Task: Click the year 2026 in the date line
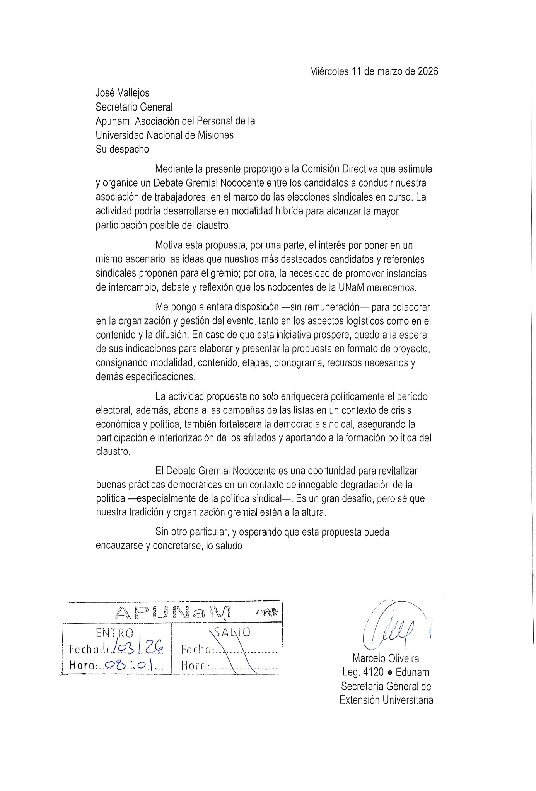pyautogui.click(x=428, y=71)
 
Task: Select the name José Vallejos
pyautogui.click(x=122, y=93)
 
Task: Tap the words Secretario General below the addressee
pyautogui.click(x=134, y=107)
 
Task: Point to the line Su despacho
pyautogui.click(x=122, y=149)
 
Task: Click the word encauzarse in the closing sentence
pyautogui.click(x=119, y=546)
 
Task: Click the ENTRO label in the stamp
pyautogui.click(x=114, y=633)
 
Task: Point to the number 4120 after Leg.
pyautogui.click(x=373, y=672)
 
